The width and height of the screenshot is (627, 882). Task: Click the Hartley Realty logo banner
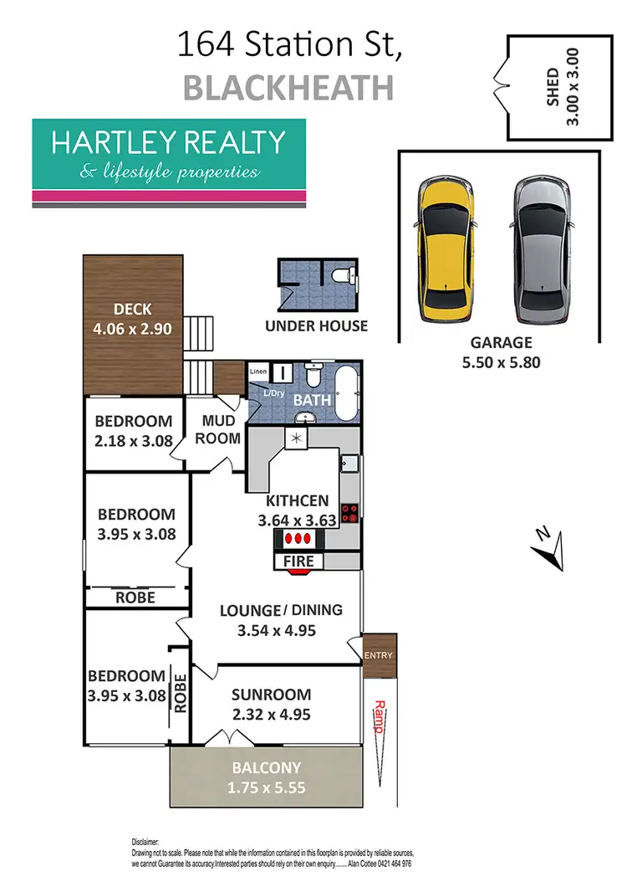[x=169, y=162]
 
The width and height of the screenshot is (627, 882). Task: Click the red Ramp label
[x=378, y=716]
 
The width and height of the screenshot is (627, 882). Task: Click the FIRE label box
[x=298, y=561]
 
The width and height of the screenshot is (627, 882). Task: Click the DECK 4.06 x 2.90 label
[x=133, y=320]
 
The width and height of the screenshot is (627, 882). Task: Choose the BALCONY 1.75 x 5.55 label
[x=267, y=777]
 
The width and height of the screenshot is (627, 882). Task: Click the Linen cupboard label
[x=257, y=371]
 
